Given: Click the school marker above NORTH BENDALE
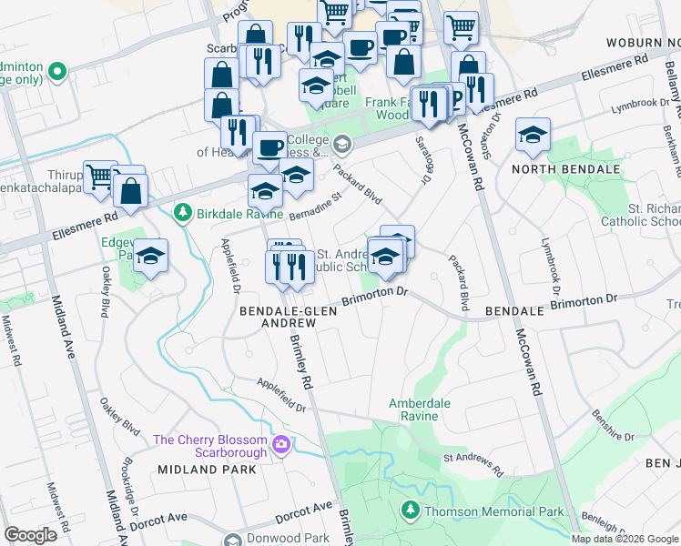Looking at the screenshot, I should click(533, 136).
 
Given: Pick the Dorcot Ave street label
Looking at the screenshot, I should click(304, 511).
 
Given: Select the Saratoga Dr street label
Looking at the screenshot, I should click(424, 160).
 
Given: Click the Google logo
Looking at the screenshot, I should click(31, 535).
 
